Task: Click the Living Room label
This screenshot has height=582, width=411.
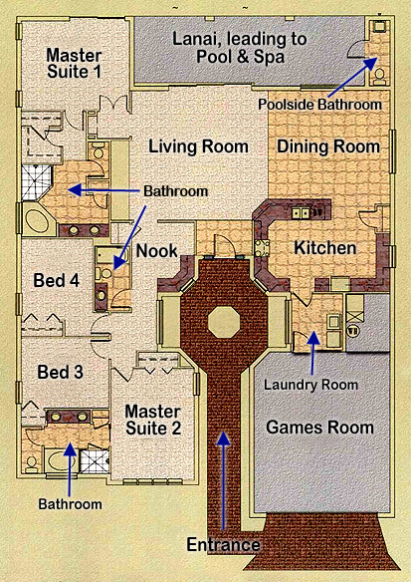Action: point(198,146)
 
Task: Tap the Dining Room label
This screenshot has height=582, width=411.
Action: point(328,146)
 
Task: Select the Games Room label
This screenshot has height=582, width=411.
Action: point(319,428)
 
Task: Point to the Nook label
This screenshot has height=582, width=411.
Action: point(157,251)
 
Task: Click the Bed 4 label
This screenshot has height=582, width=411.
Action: point(57,280)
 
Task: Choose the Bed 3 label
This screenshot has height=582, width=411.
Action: point(60,373)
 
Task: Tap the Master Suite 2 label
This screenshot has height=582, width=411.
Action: point(153,420)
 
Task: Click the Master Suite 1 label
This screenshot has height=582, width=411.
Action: point(74,64)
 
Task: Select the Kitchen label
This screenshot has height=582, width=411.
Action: point(325,248)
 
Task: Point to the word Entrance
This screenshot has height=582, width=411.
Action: point(223,545)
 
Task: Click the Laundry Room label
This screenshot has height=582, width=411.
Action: point(310,385)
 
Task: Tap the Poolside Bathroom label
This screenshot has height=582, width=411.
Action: point(319,105)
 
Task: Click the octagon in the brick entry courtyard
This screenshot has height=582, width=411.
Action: point(224,322)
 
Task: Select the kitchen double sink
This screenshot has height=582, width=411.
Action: point(301,213)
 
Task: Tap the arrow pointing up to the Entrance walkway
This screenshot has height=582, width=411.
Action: point(223,481)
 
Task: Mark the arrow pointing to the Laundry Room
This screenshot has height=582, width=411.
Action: point(313,354)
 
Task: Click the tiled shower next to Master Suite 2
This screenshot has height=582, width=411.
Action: point(96,461)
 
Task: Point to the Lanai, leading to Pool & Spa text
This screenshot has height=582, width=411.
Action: point(240,48)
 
